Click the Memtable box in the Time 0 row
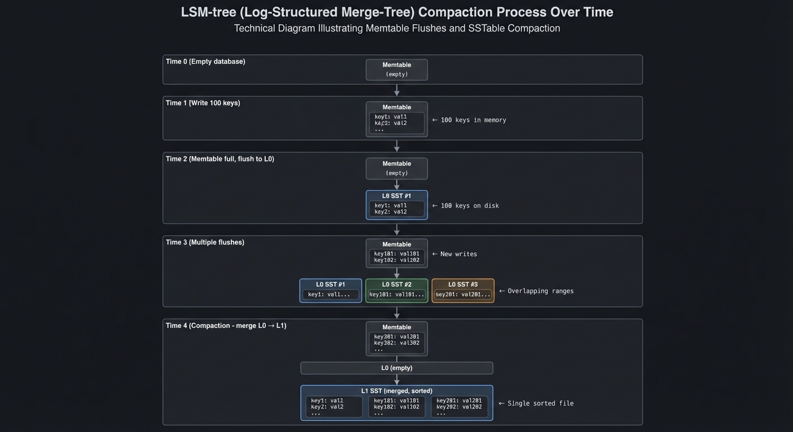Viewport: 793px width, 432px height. point(396,70)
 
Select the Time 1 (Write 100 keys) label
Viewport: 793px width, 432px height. point(203,103)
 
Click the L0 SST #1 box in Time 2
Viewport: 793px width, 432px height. point(396,205)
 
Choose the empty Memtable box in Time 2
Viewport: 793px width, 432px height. point(396,168)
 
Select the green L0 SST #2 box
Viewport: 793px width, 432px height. point(396,291)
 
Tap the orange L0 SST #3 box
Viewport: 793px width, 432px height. point(463,291)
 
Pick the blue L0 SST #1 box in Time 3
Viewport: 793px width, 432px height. point(331,291)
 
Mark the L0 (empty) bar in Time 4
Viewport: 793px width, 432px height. point(396,368)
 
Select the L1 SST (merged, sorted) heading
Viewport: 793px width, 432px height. point(396,391)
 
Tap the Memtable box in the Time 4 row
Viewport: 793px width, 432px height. point(396,339)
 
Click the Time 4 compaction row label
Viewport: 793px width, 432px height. point(226,326)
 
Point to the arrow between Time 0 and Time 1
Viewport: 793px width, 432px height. point(396,90)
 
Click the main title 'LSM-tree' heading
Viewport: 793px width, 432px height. point(396,12)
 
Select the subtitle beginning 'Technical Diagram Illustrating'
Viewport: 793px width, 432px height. point(396,28)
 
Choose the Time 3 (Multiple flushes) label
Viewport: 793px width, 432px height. point(205,242)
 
